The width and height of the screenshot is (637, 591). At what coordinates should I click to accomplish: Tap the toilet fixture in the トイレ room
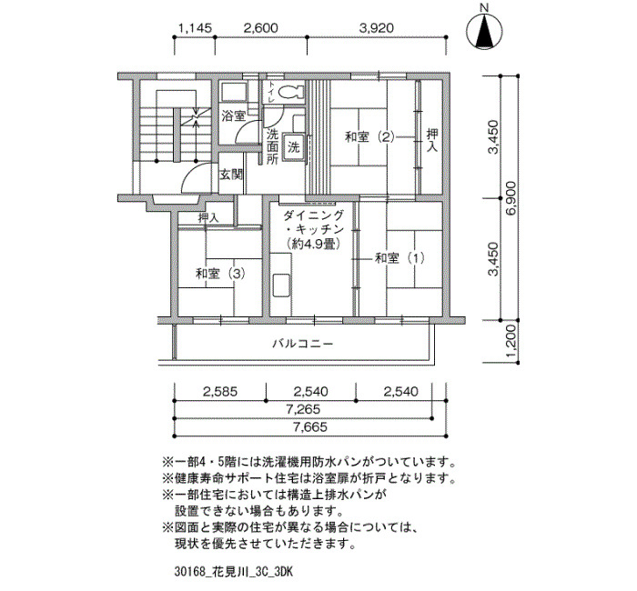(290, 92)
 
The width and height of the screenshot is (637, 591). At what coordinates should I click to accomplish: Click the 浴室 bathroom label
(233, 116)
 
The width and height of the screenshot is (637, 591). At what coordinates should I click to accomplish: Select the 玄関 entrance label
(231, 175)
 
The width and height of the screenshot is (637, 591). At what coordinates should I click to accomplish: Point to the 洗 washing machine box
(293, 147)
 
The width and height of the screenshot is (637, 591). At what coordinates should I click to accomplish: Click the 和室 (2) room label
(369, 136)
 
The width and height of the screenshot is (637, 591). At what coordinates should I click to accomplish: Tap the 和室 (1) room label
(399, 257)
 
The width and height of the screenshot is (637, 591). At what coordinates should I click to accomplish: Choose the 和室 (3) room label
(220, 274)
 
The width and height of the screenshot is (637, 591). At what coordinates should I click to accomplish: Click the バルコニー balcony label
(303, 345)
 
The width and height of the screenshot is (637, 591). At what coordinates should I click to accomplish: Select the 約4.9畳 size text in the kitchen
(312, 244)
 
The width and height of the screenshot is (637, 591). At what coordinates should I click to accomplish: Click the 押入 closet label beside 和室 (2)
(432, 140)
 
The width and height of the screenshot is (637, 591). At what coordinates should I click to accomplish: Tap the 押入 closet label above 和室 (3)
(208, 218)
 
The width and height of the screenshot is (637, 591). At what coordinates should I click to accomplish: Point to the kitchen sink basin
(280, 285)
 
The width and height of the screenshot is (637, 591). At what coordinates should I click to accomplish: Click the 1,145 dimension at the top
(196, 28)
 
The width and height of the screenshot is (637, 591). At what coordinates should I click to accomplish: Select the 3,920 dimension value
(377, 28)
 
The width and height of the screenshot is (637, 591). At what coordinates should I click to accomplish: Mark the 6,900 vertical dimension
(511, 198)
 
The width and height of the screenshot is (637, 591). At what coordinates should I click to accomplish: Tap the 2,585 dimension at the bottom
(220, 392)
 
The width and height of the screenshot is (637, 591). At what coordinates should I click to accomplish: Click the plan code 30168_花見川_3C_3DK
(233, 572)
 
